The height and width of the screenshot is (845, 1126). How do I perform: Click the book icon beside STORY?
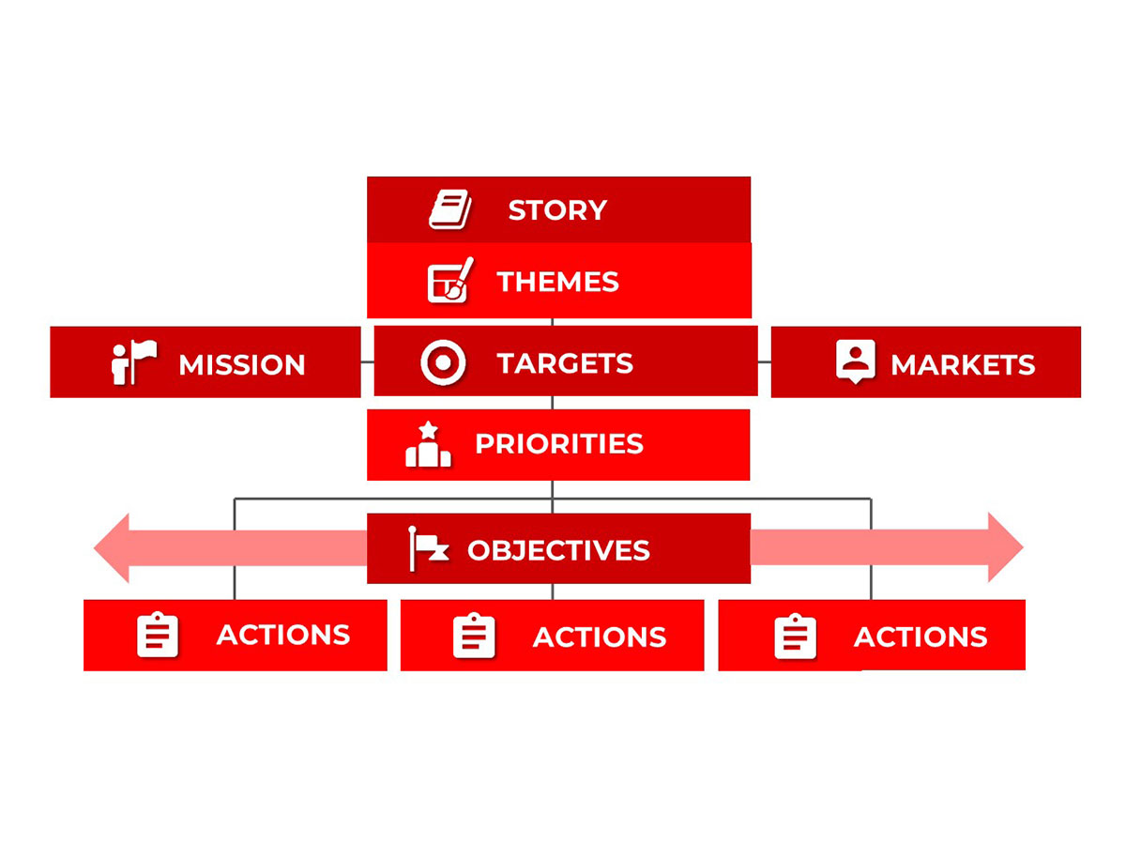pyautogui.click(x=449, y=208)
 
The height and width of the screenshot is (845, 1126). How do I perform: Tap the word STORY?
pyautogui.click(x=557, y=209)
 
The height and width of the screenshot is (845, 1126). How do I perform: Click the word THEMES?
pyautogui.click(x=557, y=282)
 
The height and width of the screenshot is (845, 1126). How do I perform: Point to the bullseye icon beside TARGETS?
pyautogui.click(x=443, y=362)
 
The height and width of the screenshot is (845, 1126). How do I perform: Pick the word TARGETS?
pyautogui.click(x=564, y=363)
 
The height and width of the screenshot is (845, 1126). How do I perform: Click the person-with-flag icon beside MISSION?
pyautogui.click(x=134, y=361)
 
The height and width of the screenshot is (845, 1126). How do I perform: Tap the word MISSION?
pyautogui.click(x=241, y=365)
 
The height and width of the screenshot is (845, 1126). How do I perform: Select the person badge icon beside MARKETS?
pyautogui.click(x=855, y=361)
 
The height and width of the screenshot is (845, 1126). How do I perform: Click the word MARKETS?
pyautogui.click(x=963, y=365)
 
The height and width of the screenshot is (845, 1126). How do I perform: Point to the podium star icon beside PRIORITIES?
pyautogui.click(x=428, y=444)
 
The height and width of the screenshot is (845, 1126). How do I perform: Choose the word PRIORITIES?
pyautogui.click(x=558, y=444)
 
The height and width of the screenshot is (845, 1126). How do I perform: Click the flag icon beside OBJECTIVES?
pyautogui.click(x=428, y=548)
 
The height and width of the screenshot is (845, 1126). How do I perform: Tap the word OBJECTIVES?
pyautogui.click(x=558, y=550)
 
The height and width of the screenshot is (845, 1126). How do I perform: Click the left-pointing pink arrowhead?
pyautogui.click(x=112, y=547)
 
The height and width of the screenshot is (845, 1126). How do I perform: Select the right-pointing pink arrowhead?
pyautogui.click(x=1004, y=547)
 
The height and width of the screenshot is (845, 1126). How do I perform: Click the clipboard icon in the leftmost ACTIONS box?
pyautogui.click(x=158, y=634)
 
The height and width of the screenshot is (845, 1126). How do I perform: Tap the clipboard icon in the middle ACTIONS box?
pyautogui.click(x=474, y=636)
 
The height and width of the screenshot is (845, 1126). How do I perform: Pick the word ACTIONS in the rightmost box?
pyautogui.click(x=920, y=637)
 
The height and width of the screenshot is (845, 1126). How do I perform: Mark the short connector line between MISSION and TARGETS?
pyautogui.click(x=367, y=361)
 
